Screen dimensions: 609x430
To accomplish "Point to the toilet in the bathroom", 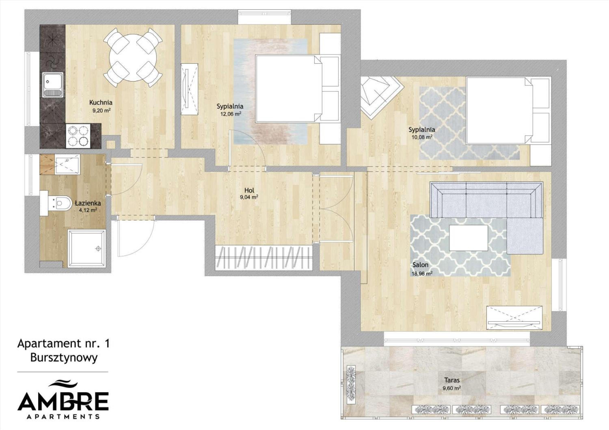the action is coord(56,203).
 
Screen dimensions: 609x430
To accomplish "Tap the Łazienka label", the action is coord(88,203).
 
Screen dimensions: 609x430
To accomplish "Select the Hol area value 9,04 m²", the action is coord(249,197).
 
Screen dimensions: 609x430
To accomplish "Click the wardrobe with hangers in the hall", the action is coord(263,258).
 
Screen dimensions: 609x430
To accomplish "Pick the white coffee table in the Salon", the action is coord(468,238).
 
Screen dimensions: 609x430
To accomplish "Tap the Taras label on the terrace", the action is coord(452,380).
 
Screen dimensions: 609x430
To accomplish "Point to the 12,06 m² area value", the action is coord(230,114).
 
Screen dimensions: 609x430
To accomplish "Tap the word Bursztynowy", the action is coord(64,357).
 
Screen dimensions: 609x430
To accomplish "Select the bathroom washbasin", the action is coord(67,164).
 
